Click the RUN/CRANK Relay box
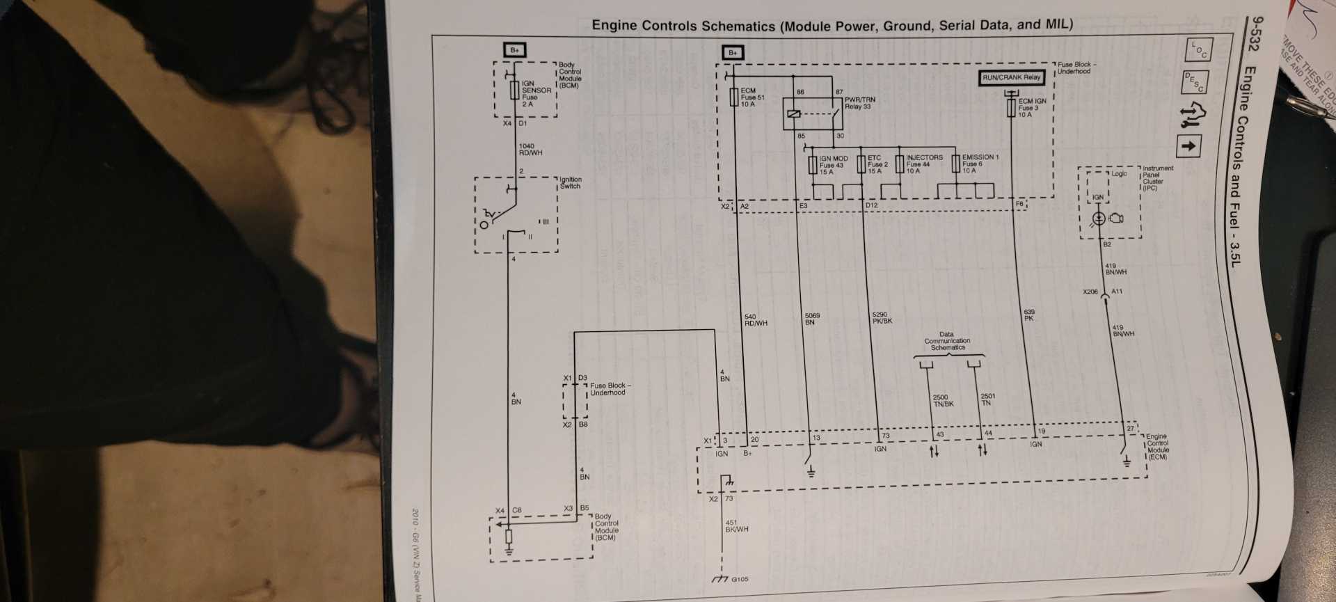coord(1011,77)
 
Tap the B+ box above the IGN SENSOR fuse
coord(514,50)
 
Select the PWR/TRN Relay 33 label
coord(859,103)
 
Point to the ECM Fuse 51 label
coord(752,97)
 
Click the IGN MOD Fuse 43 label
coord(833,165)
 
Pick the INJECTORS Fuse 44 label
coord(924,164)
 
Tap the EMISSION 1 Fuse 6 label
coord(980,164)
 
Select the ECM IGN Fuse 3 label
coord(1032,108)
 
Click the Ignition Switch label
coord(570,182)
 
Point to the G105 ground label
coord(740,579)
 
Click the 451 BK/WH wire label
coord(736,525)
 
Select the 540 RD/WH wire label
coord(756,320)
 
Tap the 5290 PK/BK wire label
coord(882,318)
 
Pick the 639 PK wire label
coord(1029,315)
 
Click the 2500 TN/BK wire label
coord(943,400)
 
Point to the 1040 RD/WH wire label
coord(530,150)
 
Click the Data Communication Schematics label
coord(947,341)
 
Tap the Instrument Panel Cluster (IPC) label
coord(1157,177)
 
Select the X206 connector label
coord(1090,292)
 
